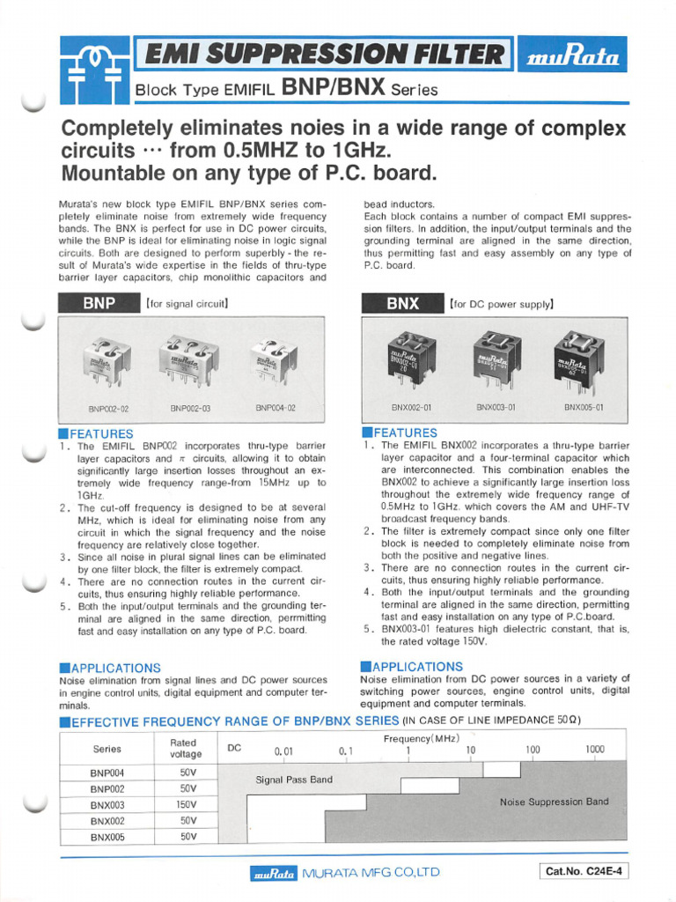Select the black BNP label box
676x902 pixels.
tap(99, 304)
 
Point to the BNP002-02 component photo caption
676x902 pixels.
tap(109, 409)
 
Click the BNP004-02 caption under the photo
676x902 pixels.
tap(275, 408)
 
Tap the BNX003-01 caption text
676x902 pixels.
tap(496, 408)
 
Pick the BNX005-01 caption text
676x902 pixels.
tap(584, 408)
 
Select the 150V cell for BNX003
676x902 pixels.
tap(187, 804)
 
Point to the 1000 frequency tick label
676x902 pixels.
tap(595, 750)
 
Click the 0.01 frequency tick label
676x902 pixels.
tap(283, 751)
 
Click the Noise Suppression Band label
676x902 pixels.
tap(554, 802)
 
